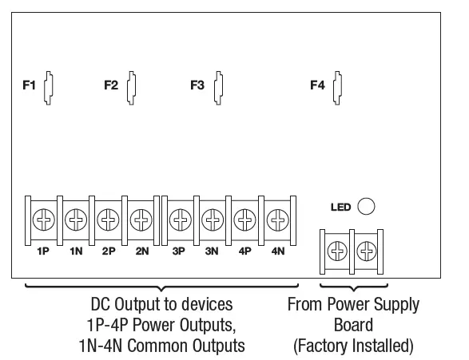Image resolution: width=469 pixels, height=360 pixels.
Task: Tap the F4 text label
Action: [x=317, y=85]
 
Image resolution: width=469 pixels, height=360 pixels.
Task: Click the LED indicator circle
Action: [x=366, y=207]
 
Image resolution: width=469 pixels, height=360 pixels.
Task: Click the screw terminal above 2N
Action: [x=141, y=218]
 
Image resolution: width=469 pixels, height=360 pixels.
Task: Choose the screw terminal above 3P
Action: [x=180, y=218]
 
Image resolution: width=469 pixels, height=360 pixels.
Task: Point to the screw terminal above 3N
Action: [x=212, y=218]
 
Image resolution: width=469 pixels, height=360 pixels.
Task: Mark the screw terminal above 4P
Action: [x=244, y=218]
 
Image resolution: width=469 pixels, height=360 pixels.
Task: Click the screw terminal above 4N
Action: [x=277, y=218]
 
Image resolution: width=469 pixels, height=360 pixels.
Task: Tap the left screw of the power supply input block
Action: [x=337, y=251]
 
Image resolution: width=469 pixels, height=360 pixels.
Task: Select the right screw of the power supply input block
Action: [x=368, y=251]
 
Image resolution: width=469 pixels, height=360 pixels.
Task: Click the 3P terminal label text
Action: [x=179, y=250]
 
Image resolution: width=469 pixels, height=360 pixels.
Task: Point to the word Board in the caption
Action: [x=352, y=326]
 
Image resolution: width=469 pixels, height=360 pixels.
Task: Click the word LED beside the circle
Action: [x=341, y=208]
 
